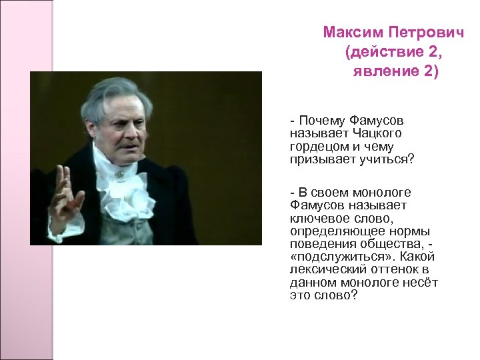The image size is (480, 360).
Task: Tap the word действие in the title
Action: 385,52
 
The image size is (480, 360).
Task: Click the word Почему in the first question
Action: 321,121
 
